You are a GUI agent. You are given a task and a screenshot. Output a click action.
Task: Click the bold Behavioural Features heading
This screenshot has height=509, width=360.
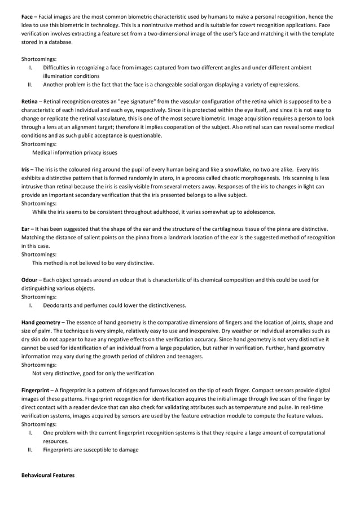[47, 475]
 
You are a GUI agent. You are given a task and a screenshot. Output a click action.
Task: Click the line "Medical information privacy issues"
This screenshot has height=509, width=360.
[75, 152]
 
